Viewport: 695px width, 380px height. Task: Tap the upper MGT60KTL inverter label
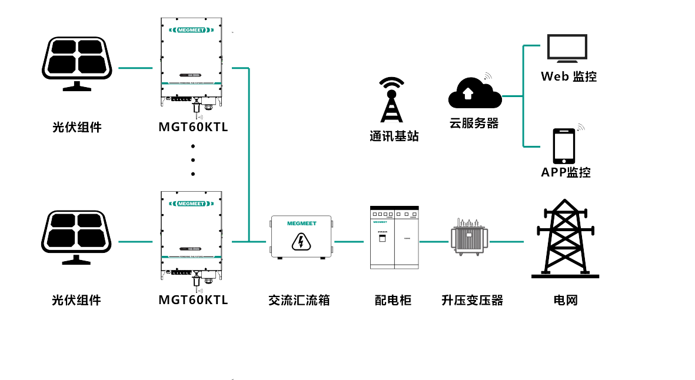click(193, 127)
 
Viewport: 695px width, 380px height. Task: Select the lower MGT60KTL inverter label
click(193, 300)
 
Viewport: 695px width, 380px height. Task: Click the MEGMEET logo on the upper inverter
click(191, 29)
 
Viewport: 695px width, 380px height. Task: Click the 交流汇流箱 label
click(299, 300)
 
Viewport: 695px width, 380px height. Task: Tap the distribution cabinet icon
click(394, 237)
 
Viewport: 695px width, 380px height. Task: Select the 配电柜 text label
click(393, 300)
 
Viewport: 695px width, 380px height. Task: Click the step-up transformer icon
click(469, 236)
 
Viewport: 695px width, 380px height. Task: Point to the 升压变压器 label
click(472, 300)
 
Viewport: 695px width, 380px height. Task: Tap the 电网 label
click(566, 300)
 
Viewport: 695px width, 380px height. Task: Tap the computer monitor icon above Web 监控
click(567, 48)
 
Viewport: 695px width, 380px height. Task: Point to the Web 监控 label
click(568, 76)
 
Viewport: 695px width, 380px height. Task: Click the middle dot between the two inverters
click(193, 160)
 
